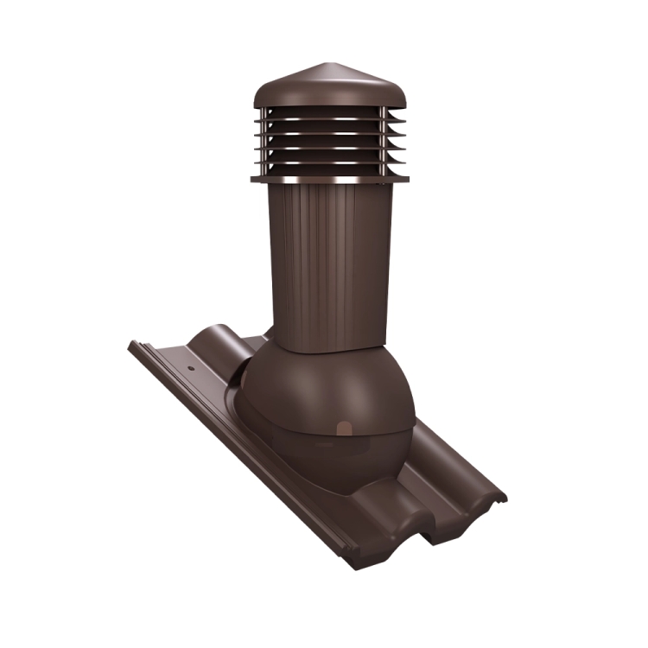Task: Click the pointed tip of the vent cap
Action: coord(321,64)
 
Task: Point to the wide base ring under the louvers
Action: coord(321,181)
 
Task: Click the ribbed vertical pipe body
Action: coord(328,259)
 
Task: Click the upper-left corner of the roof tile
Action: coord(132,344)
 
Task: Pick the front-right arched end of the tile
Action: coord(467,501)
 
